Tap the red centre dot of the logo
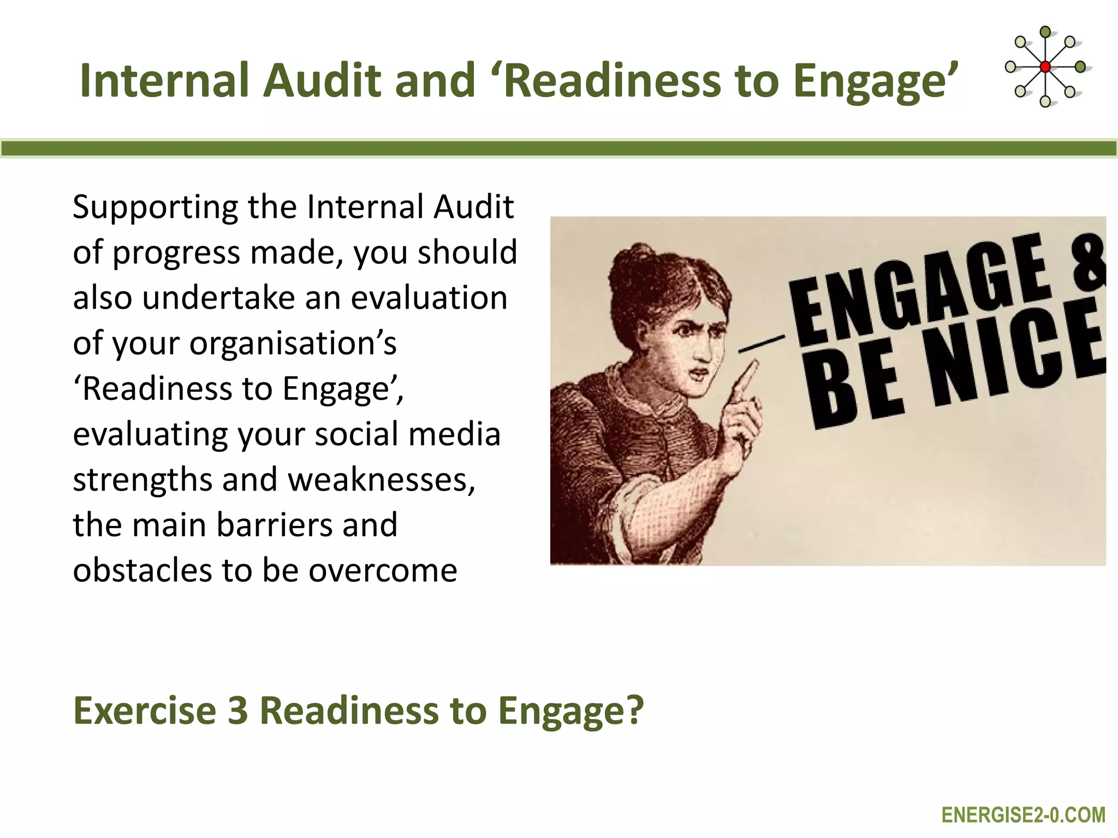[x=1045, y=67]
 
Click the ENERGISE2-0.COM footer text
[x=1024, y=815]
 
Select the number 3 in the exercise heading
[x=237, y=710]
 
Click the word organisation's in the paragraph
[x=293, y=344]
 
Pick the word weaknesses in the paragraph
[x=382, y=480]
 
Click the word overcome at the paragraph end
[x=383, y=571]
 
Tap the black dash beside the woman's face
[x=761, y=344]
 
